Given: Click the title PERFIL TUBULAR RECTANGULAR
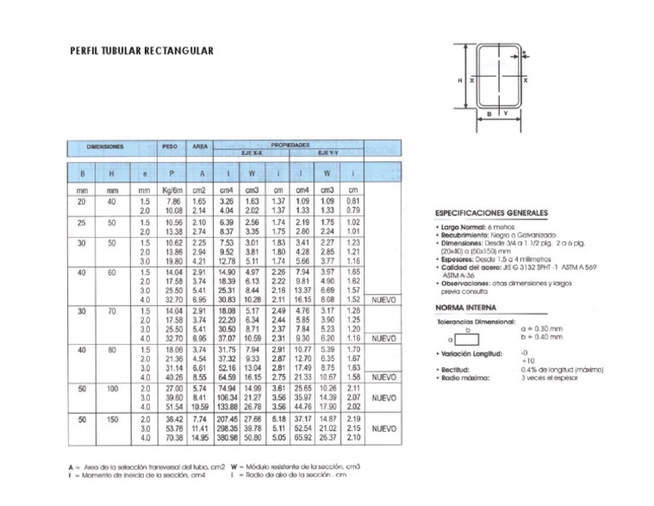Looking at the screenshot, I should tap(141, 52).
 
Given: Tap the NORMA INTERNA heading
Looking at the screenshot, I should tap(467, 308).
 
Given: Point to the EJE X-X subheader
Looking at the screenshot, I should tap(249, 153).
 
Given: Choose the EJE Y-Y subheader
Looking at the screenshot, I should tap(330, 153).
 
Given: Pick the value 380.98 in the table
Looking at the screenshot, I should tap(228, 438).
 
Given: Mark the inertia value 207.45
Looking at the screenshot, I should tap(228, 419).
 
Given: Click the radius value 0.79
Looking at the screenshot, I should tap(355, 210).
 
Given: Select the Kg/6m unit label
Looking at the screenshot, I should tap(173, 191).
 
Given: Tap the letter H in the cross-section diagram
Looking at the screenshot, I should tap(460, 79).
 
